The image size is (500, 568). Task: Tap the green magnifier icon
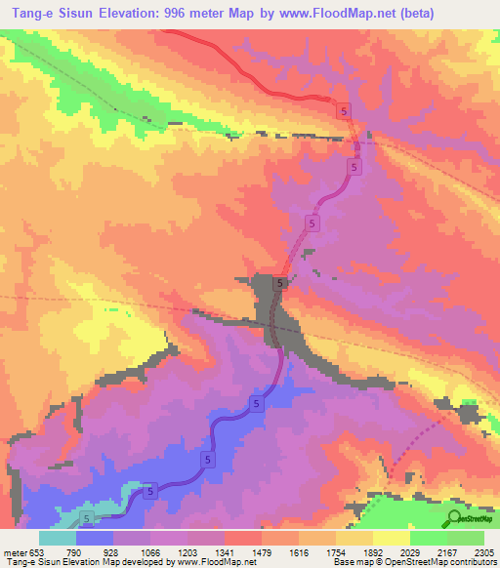click(x=456, y=517)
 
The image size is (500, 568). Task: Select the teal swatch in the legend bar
click(x=58, y=538)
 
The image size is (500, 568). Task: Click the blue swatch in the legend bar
click(x=95, y=538)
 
